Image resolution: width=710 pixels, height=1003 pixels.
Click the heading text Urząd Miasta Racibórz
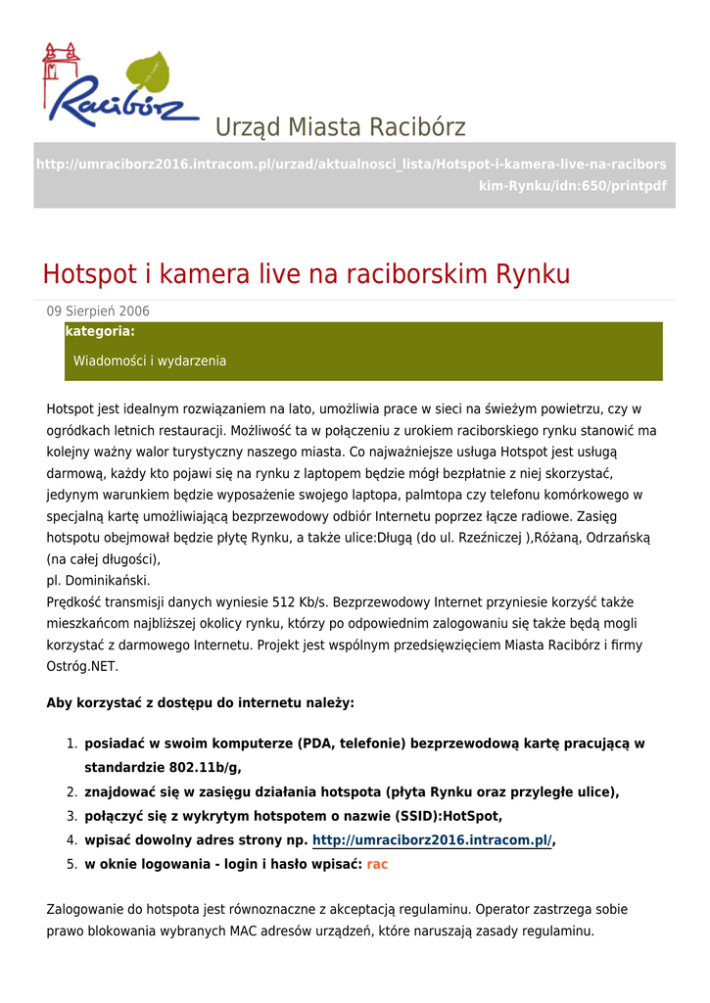pyautogui.click(x=340, y=127)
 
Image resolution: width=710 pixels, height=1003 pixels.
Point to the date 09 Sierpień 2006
pyautogui.click(x=98, y=311)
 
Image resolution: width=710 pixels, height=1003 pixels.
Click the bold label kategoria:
pyautogui.click(x=99, y=332)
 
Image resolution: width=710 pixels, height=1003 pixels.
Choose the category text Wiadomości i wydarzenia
pyautogui.click(x=150, y=361)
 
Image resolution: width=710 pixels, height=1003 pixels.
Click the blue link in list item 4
pyautogui.click(x=432, y=840)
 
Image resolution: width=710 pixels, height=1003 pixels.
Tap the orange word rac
pyautogui.click(x=377, y=865)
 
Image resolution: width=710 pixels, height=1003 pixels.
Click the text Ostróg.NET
pyautogui.click(x=82, y=667)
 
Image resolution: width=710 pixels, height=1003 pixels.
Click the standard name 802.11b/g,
pyautogui.click(x=196, y=768)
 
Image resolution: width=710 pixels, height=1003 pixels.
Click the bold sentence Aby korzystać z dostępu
pyautogui.click(x=201, y=703)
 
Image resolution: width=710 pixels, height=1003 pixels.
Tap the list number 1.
pyautogui.click(x=71, y=744)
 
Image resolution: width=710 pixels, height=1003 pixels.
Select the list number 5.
pyautogui.click(x=71, y=865)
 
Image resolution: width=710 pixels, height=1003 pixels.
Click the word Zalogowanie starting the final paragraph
pyautogui.click(x=87, y=910)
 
